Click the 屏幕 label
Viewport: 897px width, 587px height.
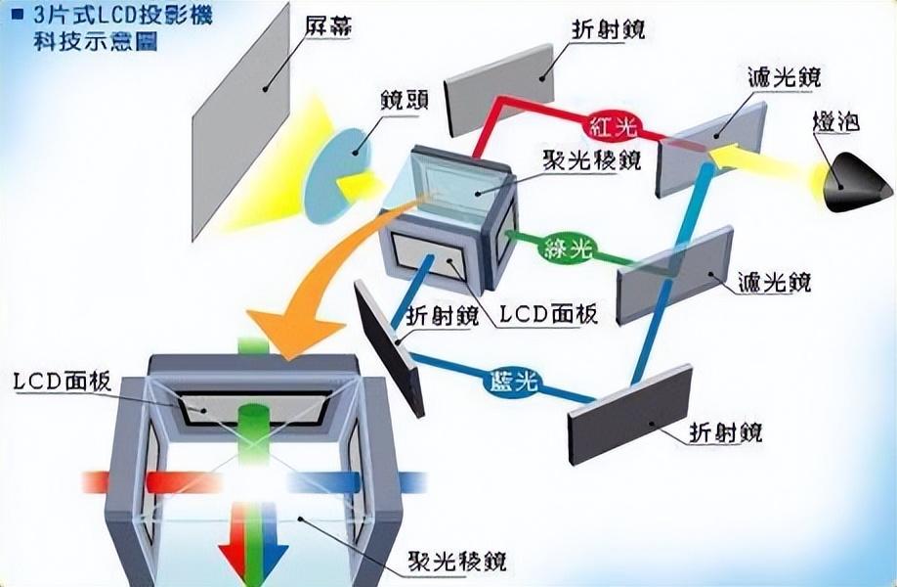tap(327, 26)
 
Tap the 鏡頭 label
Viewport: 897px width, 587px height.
tap(405, 101)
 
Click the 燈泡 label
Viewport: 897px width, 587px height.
tap(835, 122)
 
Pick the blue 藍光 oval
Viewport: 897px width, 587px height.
tap(514, 381)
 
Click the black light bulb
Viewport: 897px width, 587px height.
tap(857, 182)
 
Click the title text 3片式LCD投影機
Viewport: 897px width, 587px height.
tap(122, 15)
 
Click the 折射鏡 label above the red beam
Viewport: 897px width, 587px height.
tap(609, 28)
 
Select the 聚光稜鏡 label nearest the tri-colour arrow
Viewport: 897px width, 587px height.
tap(457, 561)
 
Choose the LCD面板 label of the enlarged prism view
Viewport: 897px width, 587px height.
tap(63, 382)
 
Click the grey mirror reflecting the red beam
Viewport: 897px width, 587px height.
tap(500, 90)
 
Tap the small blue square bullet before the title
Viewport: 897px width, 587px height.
tap(19, 15)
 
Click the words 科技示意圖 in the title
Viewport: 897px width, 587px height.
tap(95, 42)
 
